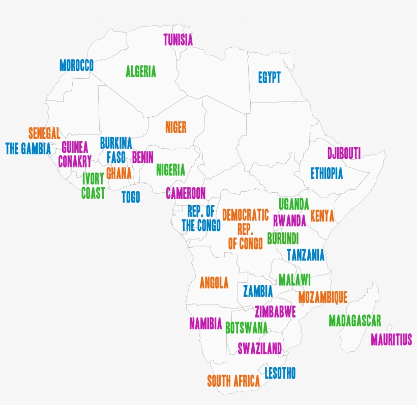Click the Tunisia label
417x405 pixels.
tap(178, 40)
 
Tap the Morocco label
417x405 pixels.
tap(76, 65)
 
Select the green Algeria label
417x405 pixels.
tap(141, 72)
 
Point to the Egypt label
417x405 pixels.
tap(269, 78)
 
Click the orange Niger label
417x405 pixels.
tap(175, 127)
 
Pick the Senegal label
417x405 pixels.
tap(44, 133)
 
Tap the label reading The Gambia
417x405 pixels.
tap(28, 148)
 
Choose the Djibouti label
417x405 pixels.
tap(344, 153)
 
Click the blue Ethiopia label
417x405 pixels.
tap(326, 174)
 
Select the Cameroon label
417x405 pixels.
tap(186, 193)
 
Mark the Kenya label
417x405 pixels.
tap(322, 216)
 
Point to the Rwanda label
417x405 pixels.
tap(289, 220)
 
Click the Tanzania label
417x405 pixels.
tap(305, 255)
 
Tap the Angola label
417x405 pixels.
tap(214, 283)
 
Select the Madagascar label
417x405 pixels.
tap(354, 321)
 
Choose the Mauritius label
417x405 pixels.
tap(391, 339)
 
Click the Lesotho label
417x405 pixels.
tap(280, 374)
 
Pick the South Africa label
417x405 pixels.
tap(233, 381)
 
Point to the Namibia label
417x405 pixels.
tap(205, 323)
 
